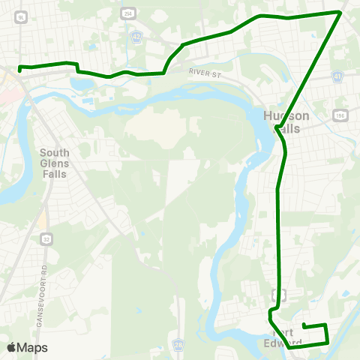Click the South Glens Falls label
click(x=53, y=163)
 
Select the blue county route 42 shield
click(x=136, y=37)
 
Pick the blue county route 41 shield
click(x=338, y=77)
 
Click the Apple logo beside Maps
click(x=11, y=347)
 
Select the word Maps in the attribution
click(x=32, y=347)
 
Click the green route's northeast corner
click(x=340, y=12)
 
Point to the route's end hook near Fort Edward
click(x=304, y=324)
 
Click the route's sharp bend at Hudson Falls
click(x=277, y=130)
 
